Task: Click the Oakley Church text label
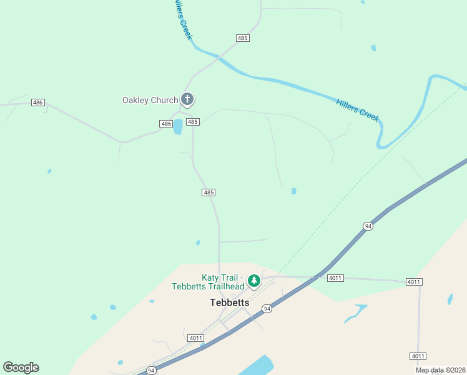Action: (150, 100)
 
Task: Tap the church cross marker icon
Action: (187, 99)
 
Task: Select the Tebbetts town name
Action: (229, 302)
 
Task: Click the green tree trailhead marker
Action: (253, 281)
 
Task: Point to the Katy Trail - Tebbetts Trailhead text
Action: (209, 282)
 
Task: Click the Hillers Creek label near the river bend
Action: (358, 110)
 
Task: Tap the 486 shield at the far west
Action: (38, 102)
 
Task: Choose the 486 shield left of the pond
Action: (165, 124)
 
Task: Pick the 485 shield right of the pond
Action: (192, 122)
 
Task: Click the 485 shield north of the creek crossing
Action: (243, 38)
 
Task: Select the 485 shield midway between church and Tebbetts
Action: (209, 192)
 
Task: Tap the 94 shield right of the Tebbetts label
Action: (267, 309)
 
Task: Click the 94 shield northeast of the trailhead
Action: (368, 226)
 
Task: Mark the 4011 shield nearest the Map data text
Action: (418, 356)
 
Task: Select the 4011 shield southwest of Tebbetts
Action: (196, 338)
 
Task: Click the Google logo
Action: (21, 367)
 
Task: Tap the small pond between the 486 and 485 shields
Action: (178, 127)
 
